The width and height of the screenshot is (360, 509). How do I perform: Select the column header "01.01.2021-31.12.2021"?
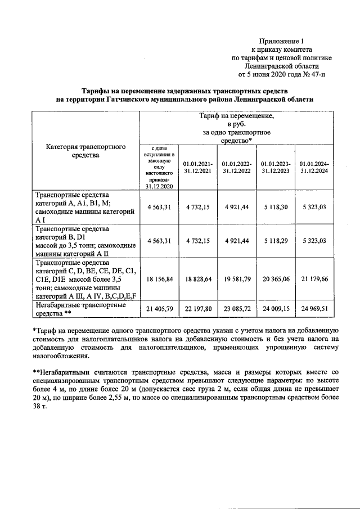197,167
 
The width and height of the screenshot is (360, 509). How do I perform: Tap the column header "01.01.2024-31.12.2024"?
314,167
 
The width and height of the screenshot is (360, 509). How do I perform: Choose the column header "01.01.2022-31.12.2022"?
237,167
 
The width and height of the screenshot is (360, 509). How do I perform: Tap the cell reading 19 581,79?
237,278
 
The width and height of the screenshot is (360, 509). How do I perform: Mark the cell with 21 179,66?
314,278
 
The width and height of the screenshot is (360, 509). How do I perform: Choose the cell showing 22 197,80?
197,309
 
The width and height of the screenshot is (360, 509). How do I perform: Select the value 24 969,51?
314,309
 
